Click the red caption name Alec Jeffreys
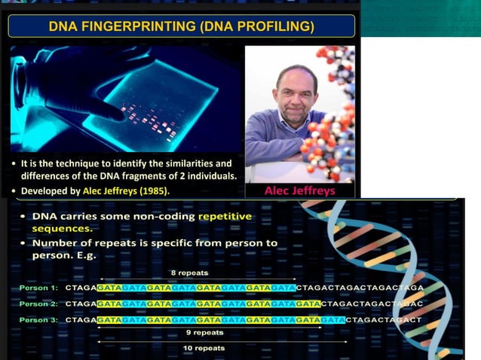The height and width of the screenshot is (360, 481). pyautogui.click(x=299, y=191)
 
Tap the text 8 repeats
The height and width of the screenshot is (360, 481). pyautogui.click(x=188, y=272)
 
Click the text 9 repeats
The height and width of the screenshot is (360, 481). pyautogui.click(x=204, y=332)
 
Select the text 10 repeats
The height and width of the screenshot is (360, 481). pyautogui.click(x=204, y=348)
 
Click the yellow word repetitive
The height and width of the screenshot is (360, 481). pyautogui.click(x=225, y=217)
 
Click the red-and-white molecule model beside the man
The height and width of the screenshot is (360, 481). pyautogui.click(x=332, y=113)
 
